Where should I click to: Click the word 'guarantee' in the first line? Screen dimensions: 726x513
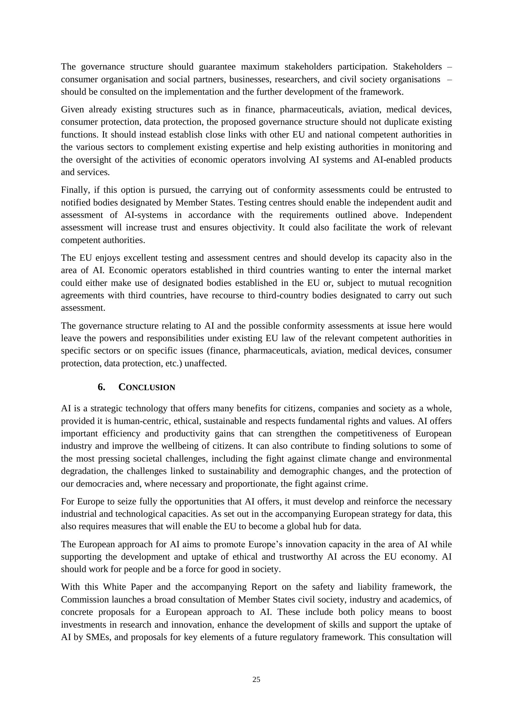217,67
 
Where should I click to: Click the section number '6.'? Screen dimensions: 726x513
101,387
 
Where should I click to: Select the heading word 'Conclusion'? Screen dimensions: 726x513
147,387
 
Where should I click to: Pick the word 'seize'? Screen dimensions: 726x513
129,502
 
